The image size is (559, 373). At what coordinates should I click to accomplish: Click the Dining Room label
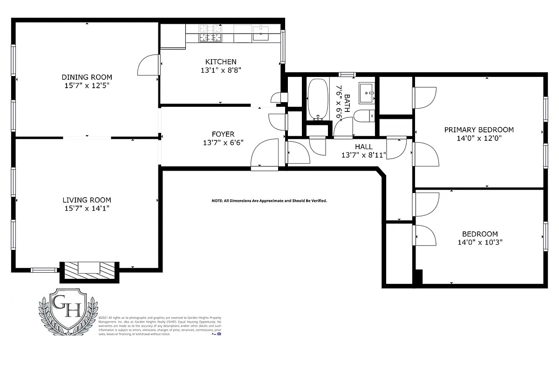(x=87, y=77)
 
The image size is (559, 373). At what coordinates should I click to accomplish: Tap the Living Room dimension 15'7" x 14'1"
(x=87, y=208)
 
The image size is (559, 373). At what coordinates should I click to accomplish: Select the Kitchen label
(x=221, y=62)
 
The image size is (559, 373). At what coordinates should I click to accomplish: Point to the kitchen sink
(x=261, y=33)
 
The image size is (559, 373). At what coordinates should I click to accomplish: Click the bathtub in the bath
(x=318, y=99)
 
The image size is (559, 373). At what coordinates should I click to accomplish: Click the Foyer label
(x=223, y=134)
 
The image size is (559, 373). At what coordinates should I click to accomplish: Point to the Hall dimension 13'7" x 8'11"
(x=363, y=155)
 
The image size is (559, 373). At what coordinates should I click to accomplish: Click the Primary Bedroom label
(x=479, y=130)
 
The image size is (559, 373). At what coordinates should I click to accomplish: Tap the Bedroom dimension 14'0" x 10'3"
(x=480, y=242)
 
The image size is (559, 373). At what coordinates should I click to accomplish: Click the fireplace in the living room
(x=89, y=270)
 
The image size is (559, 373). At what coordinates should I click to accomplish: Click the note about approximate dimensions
(x=269, y=200)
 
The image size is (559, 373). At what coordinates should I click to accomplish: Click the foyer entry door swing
(x=263, y=154)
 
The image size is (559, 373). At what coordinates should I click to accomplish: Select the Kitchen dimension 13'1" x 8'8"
(x=221, y=70)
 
